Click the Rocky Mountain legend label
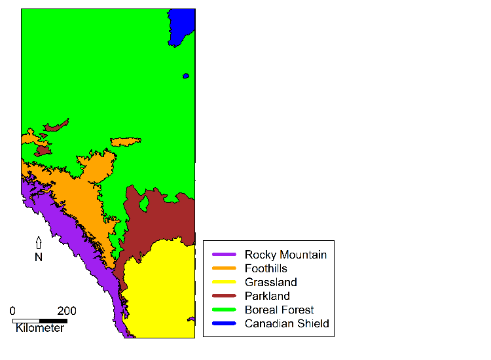click(x=285, y=255)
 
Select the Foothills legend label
click(x=266, y=268)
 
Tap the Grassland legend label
click(x=270, y=282)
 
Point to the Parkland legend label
click(x=267, y=296)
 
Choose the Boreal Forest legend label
click(x=279, y=310)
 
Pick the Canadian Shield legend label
click(x=287, y=323)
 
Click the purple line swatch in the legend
click(x=223, y=255)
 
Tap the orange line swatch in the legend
click(x=223, y=268)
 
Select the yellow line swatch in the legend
click(x=223, y=282)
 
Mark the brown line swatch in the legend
click(x=223, y=296)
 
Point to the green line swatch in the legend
click(x=223, y=310)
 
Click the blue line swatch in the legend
click(x=223, y=323)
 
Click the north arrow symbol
click(x=39, y=243)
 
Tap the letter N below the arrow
click(x=39, y=257)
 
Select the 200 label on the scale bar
click(x=67, y=311)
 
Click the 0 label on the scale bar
click(x=13, y=311)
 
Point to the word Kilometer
click(x=40, y=328)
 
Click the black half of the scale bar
click(x=54, y=321)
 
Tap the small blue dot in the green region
click(x=186, y=76)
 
